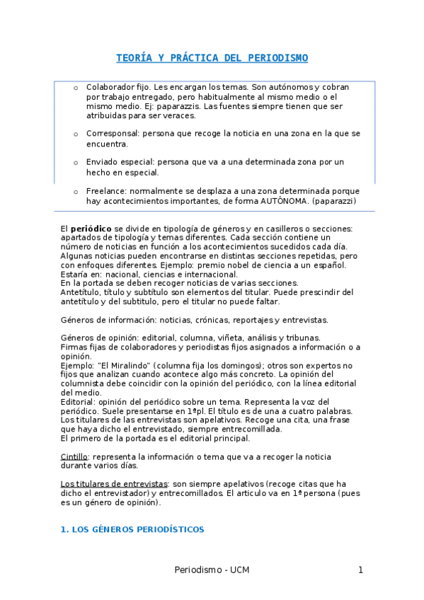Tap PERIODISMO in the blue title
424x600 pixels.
[277, 57]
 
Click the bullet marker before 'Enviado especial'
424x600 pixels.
[76, 162]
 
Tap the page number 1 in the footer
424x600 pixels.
[360, 570]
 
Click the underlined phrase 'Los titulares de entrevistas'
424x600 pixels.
[114, 484]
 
